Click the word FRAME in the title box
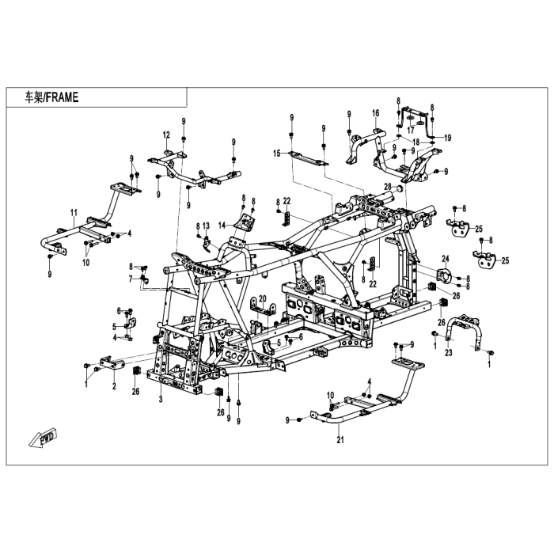click(x=63, y=97)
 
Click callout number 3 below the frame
click(x=160, y=400)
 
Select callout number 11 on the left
click(x=73, y=212)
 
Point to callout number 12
click(x=167, y=134)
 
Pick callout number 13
click(x=205, y=226)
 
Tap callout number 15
click(x=278, y=153)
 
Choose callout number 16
click(x=376, y=112)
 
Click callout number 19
click(x=447, y=138)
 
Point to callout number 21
click(x=340, y=439)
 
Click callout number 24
click(x=446, y=259)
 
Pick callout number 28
click(x=389, y=187)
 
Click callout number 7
click(x=131, y=279)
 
